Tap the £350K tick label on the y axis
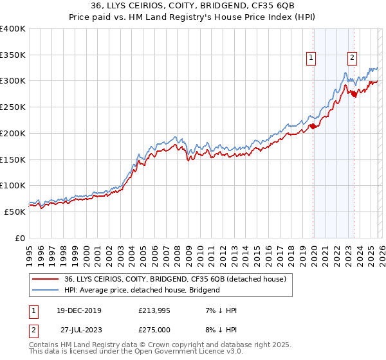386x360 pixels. click(x=13, y=55)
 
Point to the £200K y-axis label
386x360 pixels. click(x=13, y=133)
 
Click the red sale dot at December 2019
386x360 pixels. click(x=313, y=126)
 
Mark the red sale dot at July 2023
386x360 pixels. click(x=354, y=94)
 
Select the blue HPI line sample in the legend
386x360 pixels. click(x=45, y=290)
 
